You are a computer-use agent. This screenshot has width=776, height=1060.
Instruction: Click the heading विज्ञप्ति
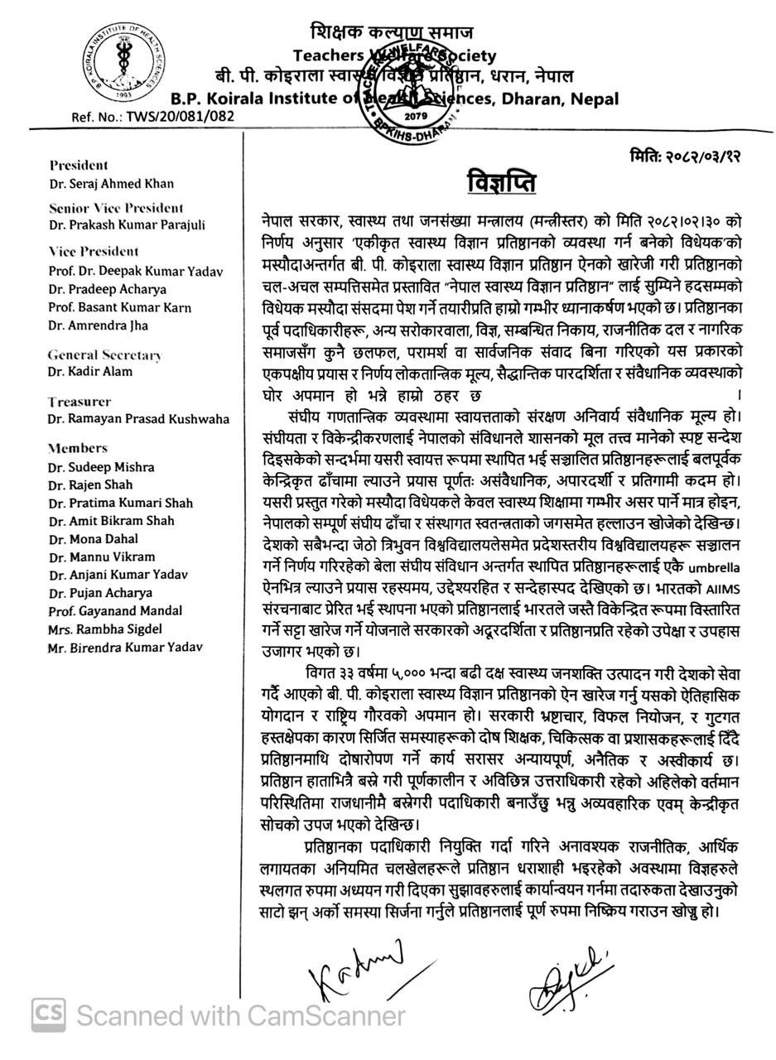(501, 182)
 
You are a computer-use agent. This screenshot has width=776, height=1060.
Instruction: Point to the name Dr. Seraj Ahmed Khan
(111, 184)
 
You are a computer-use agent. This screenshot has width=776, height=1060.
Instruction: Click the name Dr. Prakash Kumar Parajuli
(127, 225)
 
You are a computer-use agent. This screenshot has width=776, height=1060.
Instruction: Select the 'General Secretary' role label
(104, 355)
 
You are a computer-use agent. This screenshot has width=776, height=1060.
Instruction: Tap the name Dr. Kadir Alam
(90, 372)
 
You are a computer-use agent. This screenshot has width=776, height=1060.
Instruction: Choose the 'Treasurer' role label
(80, 402)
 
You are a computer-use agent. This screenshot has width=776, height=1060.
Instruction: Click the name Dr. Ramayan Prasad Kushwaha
(138, 419)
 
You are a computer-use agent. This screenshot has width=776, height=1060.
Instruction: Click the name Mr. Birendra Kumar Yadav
(125, 648)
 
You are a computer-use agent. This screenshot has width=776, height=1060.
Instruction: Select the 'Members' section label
(78, 448)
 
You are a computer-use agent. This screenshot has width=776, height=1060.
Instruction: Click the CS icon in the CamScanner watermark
(49, 1015)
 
